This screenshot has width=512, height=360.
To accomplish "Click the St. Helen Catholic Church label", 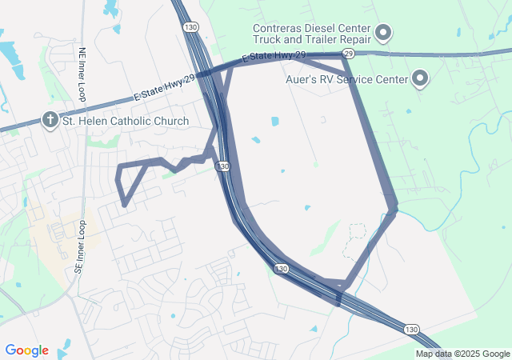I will [x=126, y=122].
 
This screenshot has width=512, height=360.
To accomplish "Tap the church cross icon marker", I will [x=50, y=121].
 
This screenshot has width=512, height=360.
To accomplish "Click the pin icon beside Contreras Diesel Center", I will [x=383, y=33].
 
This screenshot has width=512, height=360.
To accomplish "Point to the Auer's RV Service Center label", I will [x=346, y=79].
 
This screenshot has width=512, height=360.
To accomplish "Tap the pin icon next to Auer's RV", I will [x=419, y=78].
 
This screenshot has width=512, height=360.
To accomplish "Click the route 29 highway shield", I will [x=347, y=53].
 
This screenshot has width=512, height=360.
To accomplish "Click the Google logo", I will [x=26, y=350].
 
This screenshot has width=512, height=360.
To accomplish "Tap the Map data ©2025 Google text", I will [x=462, y=354].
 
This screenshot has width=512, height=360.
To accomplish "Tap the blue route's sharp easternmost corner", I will [x=395, y=210].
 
